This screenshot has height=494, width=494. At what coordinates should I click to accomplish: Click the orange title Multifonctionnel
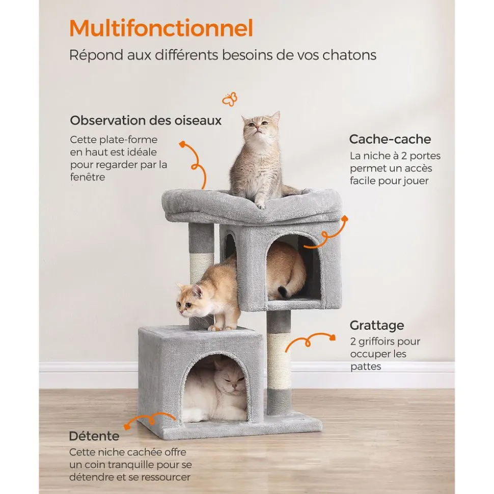click(161, 28)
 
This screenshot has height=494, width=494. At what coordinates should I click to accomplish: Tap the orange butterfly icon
click(230, 99)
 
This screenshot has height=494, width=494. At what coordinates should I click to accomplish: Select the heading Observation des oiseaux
click(146, 121)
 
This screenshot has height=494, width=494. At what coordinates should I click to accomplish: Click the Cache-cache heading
click(390, 139)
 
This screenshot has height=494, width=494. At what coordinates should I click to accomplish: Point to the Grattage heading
click(377, 326)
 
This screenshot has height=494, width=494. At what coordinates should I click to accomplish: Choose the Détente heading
click(94, 436)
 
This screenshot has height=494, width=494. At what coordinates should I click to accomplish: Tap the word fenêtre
click(88, 177)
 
